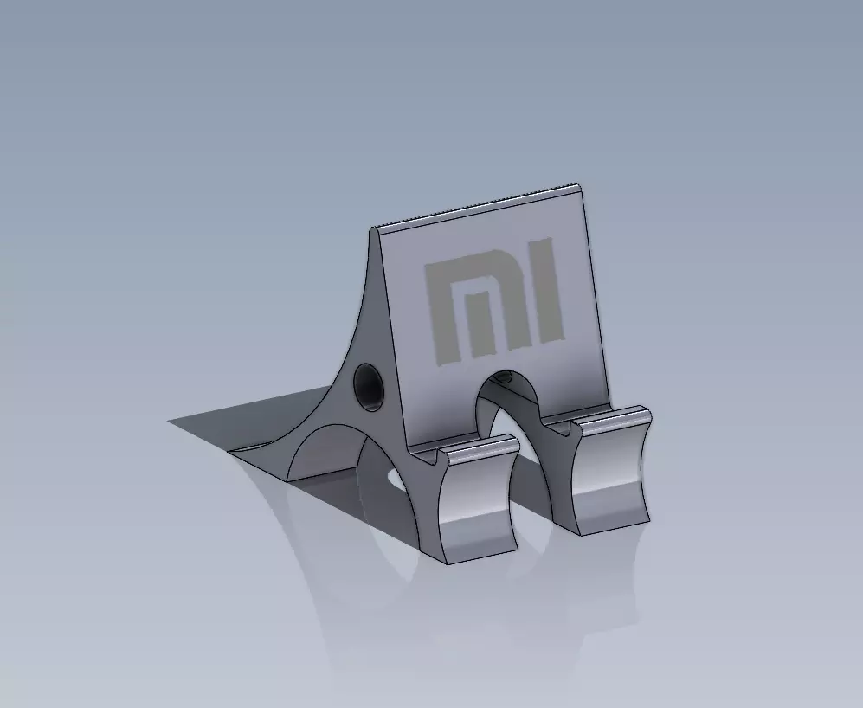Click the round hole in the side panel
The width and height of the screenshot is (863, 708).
(369, 386)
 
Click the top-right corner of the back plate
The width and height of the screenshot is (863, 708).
(578, 186)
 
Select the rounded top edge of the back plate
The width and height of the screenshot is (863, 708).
(476, 209)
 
